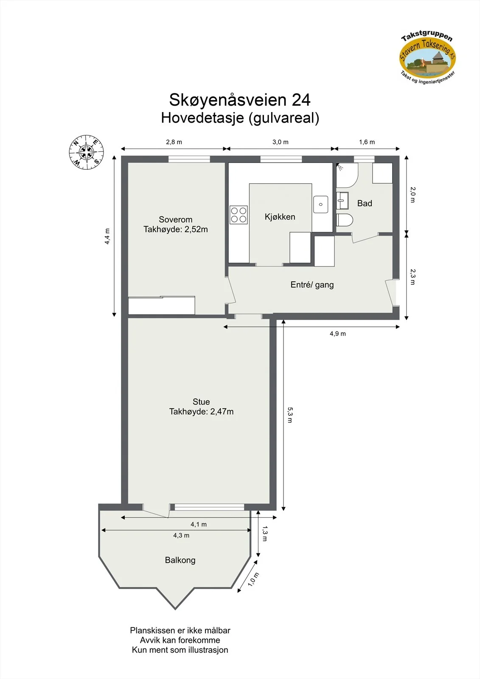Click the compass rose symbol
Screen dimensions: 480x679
pos(87,152)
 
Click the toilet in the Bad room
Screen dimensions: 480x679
pos(345,220)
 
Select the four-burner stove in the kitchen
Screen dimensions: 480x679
pos(239,215)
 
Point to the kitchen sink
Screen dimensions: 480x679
pos(320,204)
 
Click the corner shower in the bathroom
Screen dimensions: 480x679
pos(347,175)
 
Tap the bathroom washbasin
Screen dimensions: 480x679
pos(342,200)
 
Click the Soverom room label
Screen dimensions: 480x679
pos(176,219)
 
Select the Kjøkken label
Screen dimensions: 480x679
pos(280,217)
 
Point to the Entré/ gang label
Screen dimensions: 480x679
pos(312,285)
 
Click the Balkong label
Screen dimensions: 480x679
pos(180,560)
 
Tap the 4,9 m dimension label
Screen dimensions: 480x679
pos(338,334)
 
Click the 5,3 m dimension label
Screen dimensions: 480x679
pos(290,415)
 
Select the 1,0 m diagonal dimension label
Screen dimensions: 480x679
pos(253,579)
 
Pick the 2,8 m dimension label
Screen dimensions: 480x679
pos(174,142)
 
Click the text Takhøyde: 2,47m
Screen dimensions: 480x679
pos(201,412)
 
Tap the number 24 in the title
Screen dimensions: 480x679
pos(301,100)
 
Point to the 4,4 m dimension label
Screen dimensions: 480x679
pos(107,236)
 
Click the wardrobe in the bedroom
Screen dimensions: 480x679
pos(162,305)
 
